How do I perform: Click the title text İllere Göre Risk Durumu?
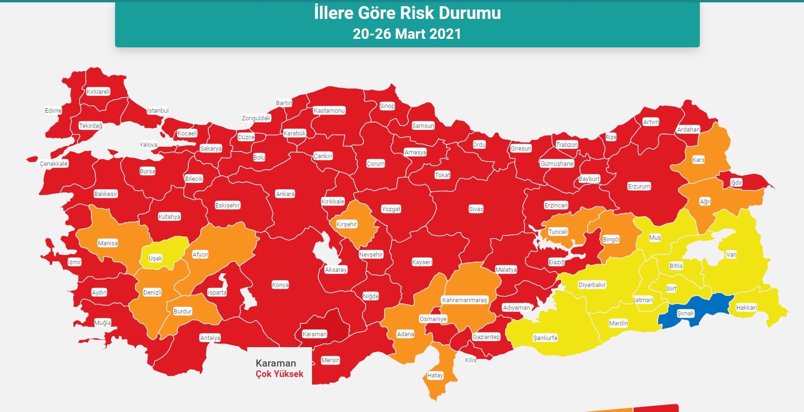click(x=407, y=13)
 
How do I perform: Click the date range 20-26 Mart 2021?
click(x=407, y=34)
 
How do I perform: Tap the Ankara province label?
click(x=285, y=194)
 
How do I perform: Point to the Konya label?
click(x=280, y=285)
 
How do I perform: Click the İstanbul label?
click(x=158, y=111)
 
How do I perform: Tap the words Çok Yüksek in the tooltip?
click(x=279, y=374)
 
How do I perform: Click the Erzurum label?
click(x=639, y=187)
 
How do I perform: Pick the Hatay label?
click(x=435, y=376)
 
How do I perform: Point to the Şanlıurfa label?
click(x=545, y=338)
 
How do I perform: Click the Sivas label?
click(x=476, y=209)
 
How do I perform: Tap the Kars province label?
click(x=698, y=160)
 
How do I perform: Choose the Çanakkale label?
click(x=54, y=164)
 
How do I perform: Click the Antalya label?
click(x=210, y=338)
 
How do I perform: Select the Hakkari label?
click(x=746, y=308)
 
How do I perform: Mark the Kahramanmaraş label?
click(x=465, y=300)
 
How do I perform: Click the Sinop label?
click(x=387, y=106)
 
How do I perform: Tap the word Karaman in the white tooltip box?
click(x=276, y=363)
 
